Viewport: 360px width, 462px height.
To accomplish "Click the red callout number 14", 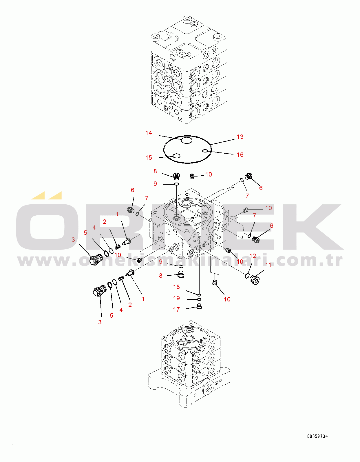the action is point(149,133).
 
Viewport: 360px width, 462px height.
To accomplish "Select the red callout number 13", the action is point(240,137).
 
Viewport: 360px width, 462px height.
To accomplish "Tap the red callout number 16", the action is point(240,154).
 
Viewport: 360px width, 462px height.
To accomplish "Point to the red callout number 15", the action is point(149,158).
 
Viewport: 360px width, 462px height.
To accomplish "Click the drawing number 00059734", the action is point(317,436).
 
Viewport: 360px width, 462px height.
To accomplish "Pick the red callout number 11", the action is point(268,265).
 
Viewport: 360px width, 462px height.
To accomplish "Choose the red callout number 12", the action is point(253,256).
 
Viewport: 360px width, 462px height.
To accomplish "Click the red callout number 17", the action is point(176,309).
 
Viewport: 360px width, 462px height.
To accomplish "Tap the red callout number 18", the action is point(176,287).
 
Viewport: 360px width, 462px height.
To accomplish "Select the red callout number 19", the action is point(176,298).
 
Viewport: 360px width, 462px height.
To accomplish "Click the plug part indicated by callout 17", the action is point(199,306).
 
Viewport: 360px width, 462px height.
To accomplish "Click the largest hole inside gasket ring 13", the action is point(187,140).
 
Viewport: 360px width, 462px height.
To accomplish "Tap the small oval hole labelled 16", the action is point(205,151).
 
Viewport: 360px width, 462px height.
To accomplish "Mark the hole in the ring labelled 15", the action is point(176,156).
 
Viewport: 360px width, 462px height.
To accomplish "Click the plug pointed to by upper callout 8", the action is point(176,176).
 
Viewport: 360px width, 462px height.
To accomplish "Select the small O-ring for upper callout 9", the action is point(176,184).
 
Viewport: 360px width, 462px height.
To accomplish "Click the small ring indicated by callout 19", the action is point(199,299).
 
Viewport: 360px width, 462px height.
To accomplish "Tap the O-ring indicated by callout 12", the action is point(247,276).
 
